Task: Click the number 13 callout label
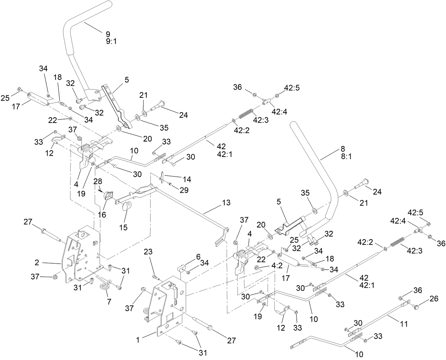click(226, 203)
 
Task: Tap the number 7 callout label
click(109, 302)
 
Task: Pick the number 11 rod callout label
click(404, 324)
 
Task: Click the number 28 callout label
click(98, 181)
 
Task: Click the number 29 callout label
click(184, 191)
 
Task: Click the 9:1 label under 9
click(111, 41)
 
